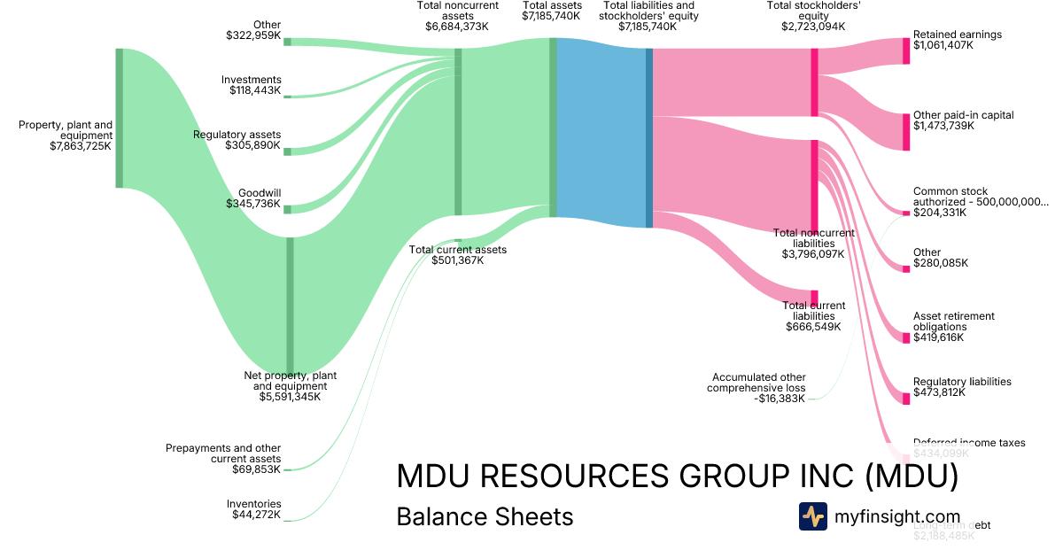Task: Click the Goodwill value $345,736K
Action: coord(253,205)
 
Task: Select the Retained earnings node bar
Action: coord(906,50)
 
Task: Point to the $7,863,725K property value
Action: coord(81,147)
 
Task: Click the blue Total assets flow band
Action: coord(601,133)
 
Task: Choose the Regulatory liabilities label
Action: coord(962,382)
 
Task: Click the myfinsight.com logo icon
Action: coord(812,515)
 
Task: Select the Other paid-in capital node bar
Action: coord(906,131)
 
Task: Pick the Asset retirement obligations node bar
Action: coord(906,337)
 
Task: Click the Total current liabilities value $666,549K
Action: coord(814,327)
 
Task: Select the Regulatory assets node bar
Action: coord(287,151)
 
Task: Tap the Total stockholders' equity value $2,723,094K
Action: coord(813,27)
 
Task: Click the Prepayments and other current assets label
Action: coord(223,453)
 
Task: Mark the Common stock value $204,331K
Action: coord(940,213)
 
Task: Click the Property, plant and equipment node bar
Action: coord(120,118)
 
